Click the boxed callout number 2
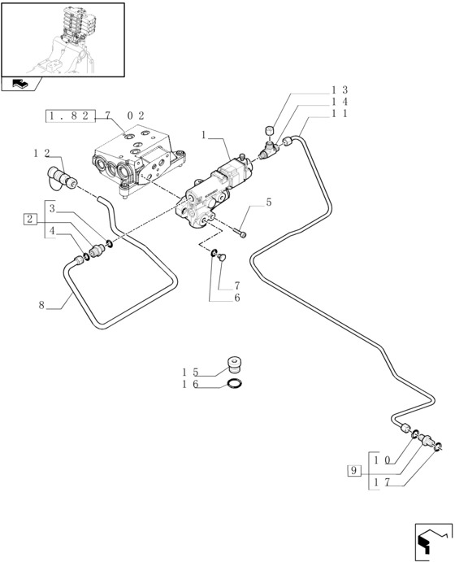tap(30, 219)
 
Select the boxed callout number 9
tap(353, 470)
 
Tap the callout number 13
tap(339, 90)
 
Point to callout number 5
tap(268, 203)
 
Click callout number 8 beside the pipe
tap(42, 305)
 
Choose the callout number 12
tap(41, 154)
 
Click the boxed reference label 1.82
tap(71, 115)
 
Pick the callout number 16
tap(190, 384)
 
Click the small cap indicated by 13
tap(269, 131)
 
